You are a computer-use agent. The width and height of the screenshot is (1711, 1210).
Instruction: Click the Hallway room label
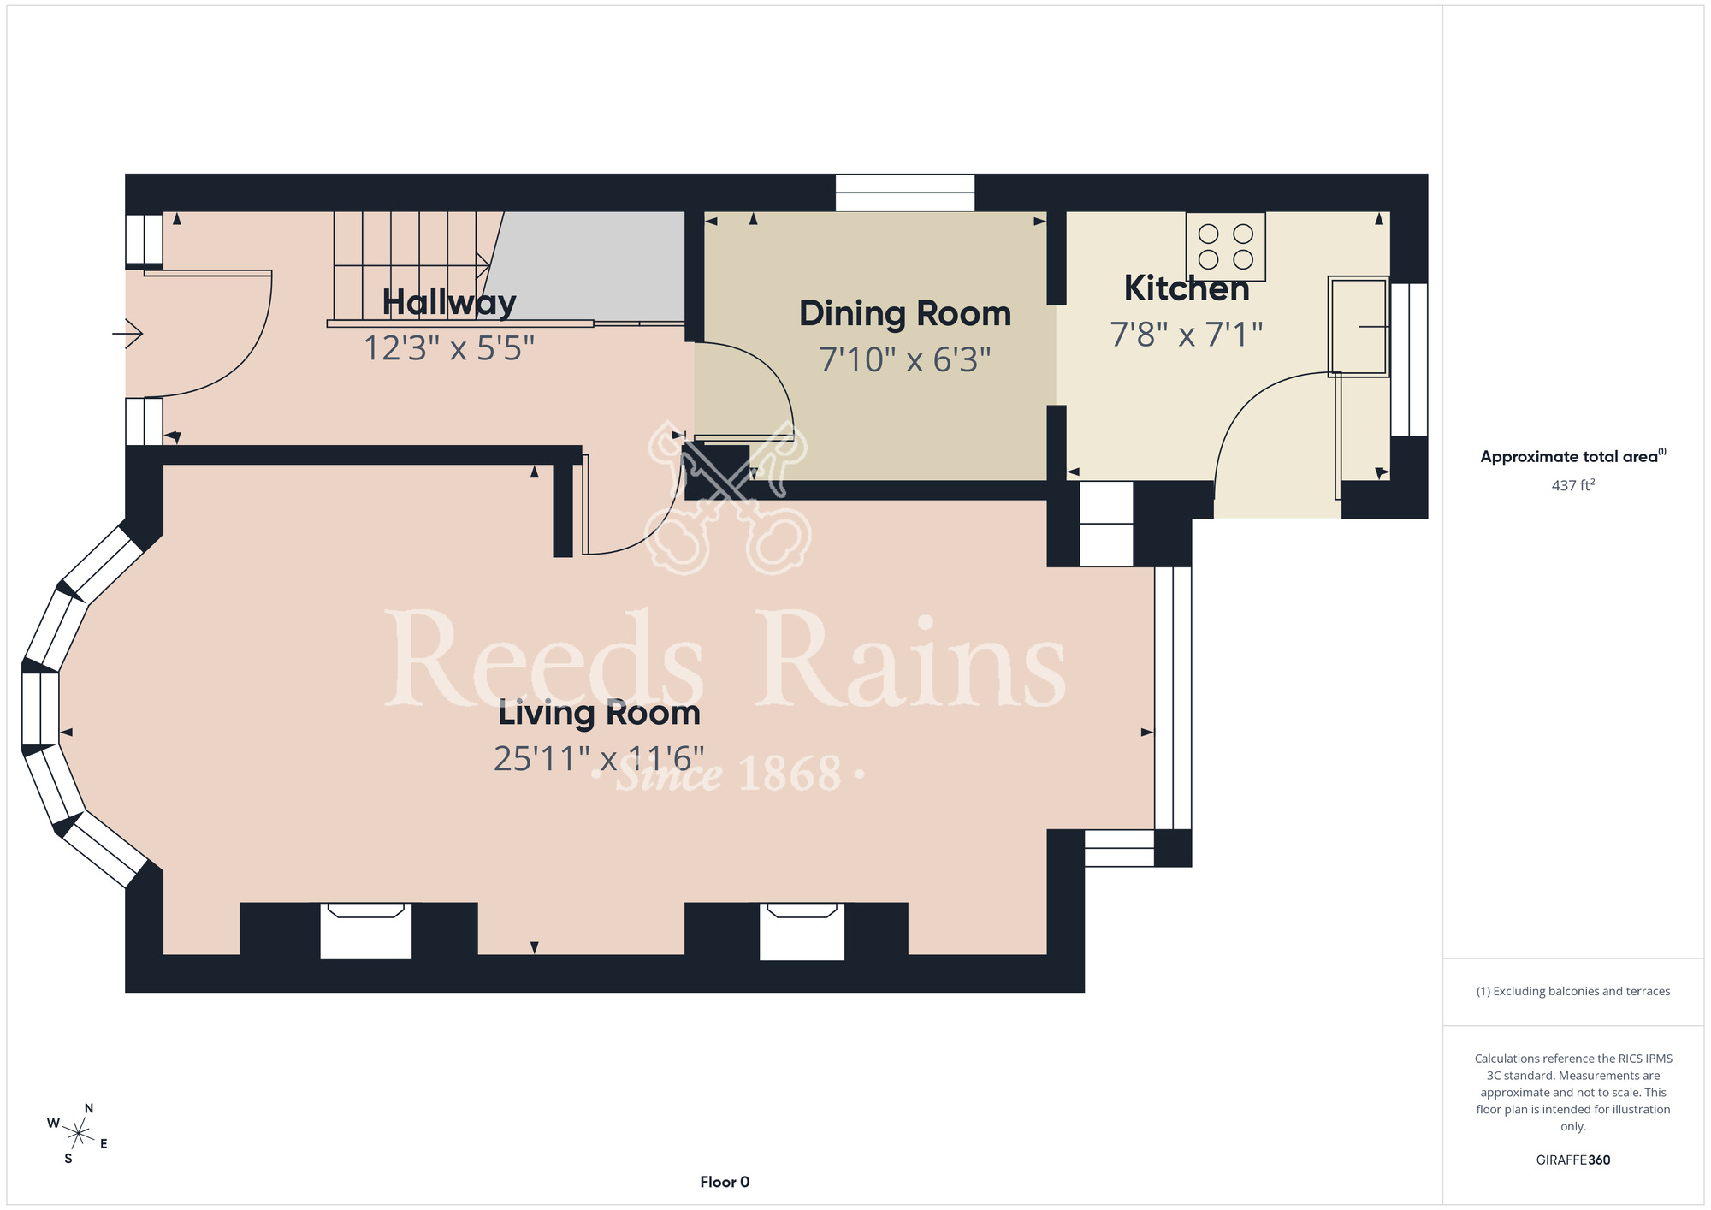pos(449,302)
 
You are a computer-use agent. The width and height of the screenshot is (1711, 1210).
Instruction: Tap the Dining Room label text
pos(905,314)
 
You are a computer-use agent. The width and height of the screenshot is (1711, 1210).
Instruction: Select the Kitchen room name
pos(1187,288)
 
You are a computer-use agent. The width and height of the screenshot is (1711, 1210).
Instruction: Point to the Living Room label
pos(599,713)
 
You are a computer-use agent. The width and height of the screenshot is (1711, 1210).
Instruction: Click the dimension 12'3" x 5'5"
pos(449,348)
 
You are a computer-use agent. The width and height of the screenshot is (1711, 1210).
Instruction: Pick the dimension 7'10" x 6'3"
pos(905,359)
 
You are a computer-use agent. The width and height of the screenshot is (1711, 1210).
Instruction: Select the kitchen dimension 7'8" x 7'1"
pos(1187,334)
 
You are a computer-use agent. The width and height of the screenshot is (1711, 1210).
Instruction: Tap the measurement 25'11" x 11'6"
pos(599,759)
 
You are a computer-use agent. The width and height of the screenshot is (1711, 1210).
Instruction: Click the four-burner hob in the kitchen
pos(1225,246)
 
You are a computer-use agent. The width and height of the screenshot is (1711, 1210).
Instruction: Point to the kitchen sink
pos(1358,326)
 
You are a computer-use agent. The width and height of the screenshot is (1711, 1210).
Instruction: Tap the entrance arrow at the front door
pos(127,333)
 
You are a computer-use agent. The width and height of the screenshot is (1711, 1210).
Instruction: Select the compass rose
pos(78,1134)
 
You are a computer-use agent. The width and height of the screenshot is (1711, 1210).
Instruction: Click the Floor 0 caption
pos(725,1182)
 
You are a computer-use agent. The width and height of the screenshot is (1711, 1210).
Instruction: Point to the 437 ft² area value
pos(1573,485)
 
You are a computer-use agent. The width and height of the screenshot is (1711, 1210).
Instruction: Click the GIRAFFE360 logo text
pos(1573,1160)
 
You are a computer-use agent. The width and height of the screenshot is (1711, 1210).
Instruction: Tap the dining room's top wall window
pos(905,193)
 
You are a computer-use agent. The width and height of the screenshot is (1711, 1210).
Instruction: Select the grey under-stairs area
pos(590,266)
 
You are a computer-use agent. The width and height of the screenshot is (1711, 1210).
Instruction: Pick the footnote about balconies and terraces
pos(1573,991)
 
